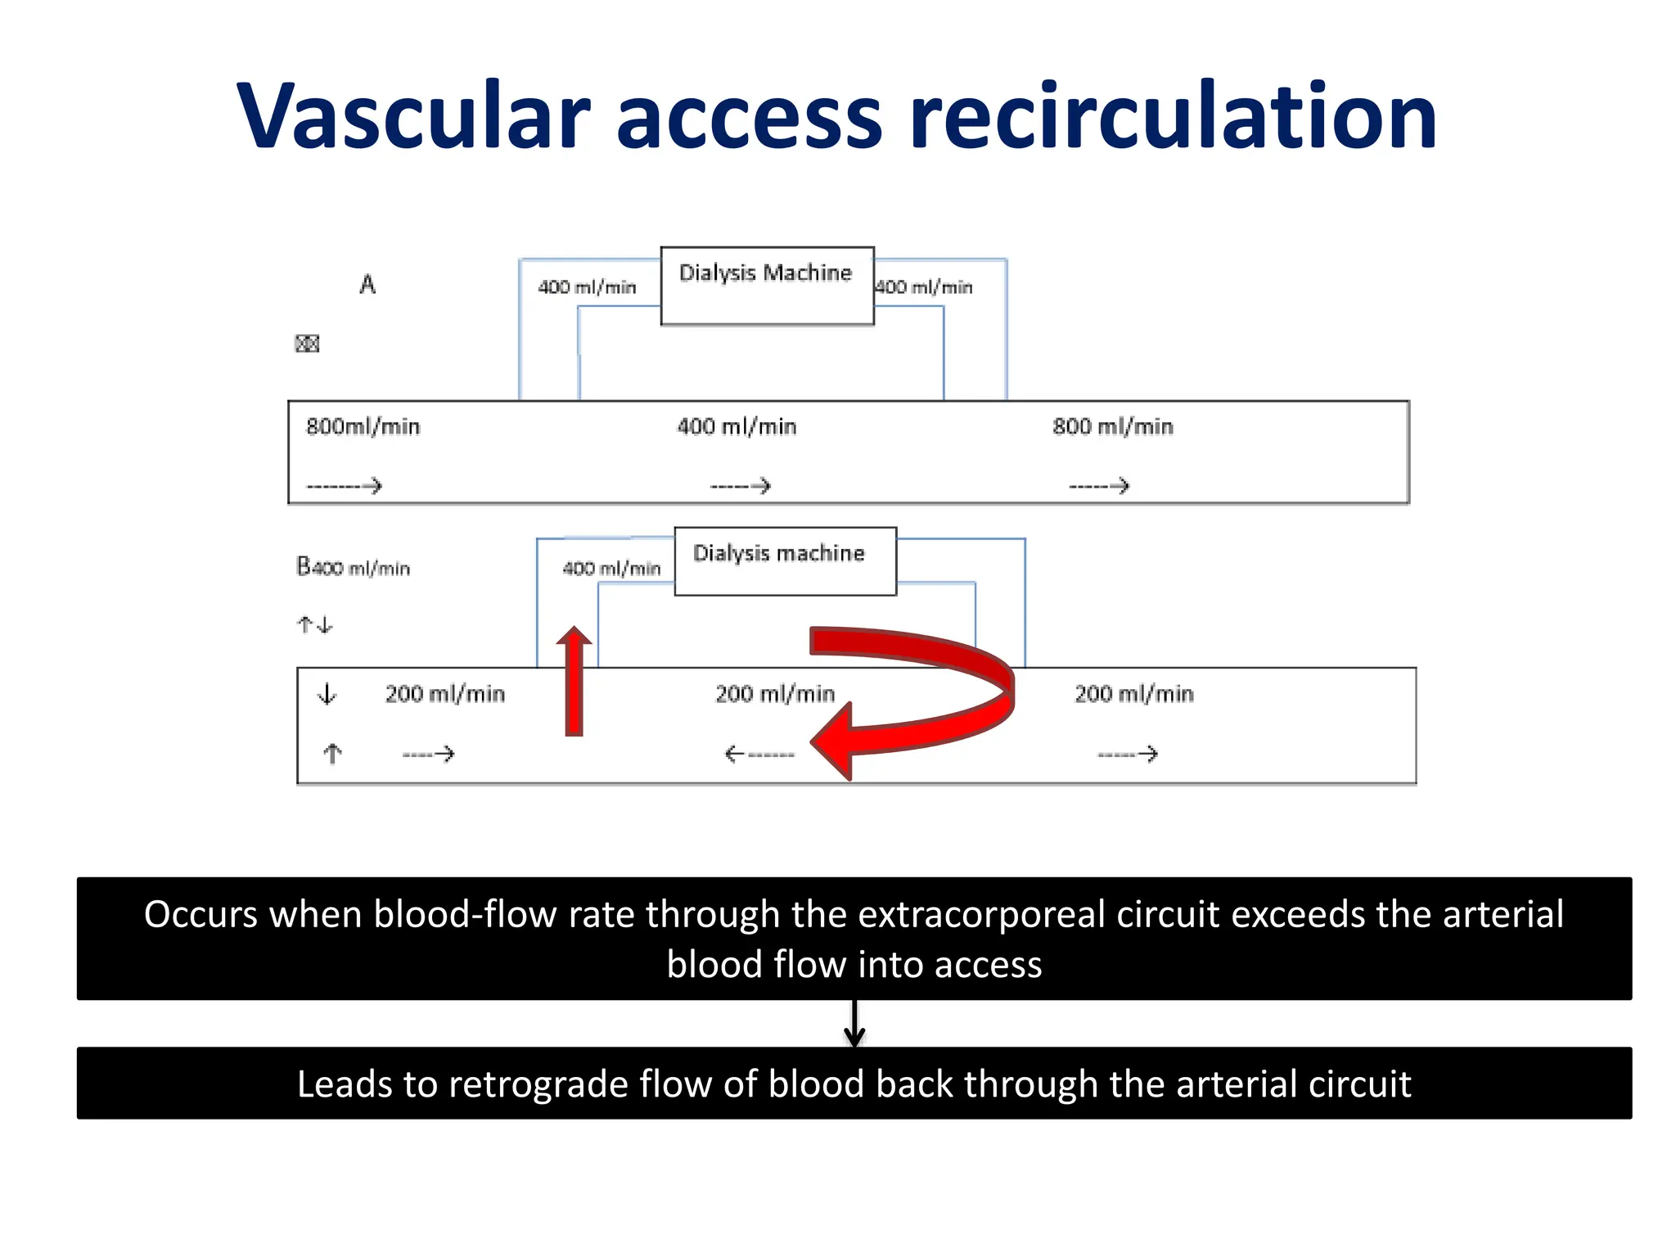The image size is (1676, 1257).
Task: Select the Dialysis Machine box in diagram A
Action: [767, 286]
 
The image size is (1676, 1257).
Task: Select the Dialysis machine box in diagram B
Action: [785, 561]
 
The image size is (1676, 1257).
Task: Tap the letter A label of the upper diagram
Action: [367, 285]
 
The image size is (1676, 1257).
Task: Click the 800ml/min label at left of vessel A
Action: [363, 426]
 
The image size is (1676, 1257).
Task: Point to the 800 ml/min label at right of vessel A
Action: [1112, 426]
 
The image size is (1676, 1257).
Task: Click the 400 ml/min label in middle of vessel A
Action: [737, 426]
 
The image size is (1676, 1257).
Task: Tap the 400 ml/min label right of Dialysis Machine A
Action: [924, 287]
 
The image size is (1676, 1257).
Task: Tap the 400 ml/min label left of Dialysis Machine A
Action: [587, 287]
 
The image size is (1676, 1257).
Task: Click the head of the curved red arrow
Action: [835, 741]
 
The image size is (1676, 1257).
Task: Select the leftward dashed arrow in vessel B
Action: [759, 754]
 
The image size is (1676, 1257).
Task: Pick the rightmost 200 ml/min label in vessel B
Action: [1133, 694]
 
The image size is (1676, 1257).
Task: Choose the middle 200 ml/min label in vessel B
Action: [775, 694]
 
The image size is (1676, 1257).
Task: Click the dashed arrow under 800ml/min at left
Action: [344, 486]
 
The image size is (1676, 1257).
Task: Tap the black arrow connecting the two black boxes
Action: [854, 1024]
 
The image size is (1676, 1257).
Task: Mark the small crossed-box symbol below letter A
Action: [307, 344]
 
